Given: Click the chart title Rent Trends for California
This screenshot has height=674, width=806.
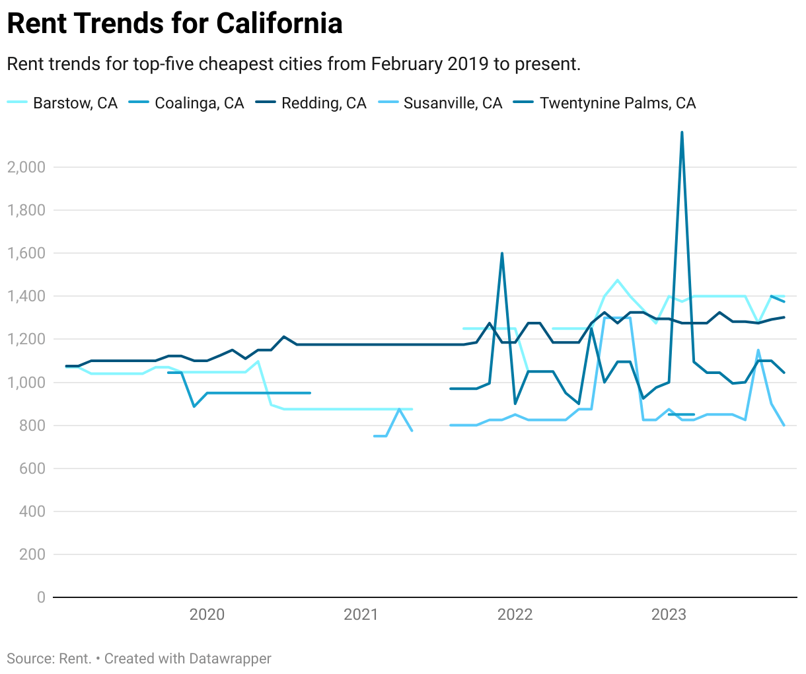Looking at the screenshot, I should (x=174, y=24).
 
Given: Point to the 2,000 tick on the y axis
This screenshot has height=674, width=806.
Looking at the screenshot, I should (x=26, y=167).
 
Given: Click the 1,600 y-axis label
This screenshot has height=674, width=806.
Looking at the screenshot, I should (x=26, y=253).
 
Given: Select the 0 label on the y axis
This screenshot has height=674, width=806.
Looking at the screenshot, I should (x=41, y=597).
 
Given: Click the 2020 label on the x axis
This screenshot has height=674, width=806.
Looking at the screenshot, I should (x=207, y=615).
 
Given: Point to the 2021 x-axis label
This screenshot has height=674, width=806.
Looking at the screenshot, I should (x=361, y=615).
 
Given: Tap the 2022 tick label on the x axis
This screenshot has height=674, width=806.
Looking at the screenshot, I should (x=515, y=615).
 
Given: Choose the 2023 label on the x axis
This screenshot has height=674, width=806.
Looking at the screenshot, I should (x=669, y=615).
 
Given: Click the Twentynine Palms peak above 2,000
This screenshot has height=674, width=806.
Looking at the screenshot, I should (x=682, y=132).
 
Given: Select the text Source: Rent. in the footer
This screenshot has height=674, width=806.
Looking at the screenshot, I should (x=49, y=659).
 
